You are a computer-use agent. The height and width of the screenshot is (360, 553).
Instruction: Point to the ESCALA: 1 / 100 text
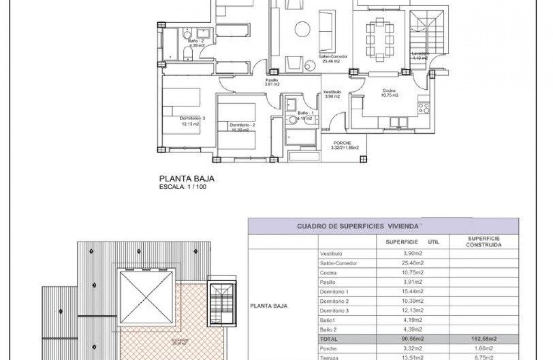183,187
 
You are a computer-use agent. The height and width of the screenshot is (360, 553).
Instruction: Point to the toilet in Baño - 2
189,53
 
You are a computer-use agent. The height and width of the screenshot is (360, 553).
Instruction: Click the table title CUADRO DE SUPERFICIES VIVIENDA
358,226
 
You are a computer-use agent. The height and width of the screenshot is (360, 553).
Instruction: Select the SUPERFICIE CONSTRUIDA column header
483,242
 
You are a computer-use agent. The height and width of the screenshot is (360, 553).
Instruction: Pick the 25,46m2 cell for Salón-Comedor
413,263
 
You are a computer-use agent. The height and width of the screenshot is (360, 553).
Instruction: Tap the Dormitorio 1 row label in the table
334,292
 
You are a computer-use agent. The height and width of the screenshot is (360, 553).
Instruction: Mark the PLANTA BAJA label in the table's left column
269,306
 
